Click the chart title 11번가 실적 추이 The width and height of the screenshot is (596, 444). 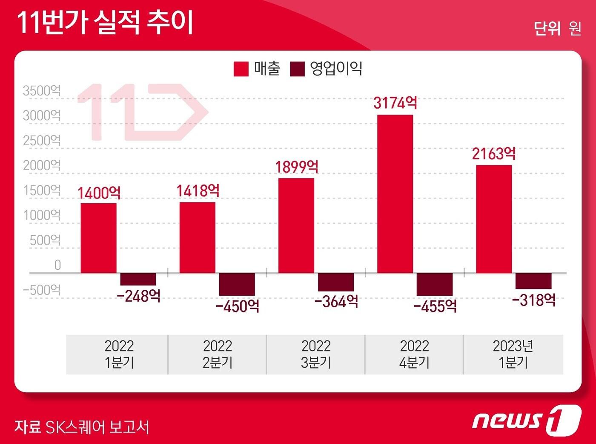105,22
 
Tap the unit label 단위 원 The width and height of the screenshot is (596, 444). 557,29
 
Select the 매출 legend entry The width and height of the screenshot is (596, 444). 257,69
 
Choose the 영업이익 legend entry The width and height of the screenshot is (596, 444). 326,69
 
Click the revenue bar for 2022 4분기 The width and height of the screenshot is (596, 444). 395,194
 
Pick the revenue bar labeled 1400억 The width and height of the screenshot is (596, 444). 98,238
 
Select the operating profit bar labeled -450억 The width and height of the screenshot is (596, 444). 237,284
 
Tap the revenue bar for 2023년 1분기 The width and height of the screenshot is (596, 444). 494,219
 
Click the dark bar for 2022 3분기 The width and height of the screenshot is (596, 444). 336,282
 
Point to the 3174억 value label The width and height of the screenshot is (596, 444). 395,103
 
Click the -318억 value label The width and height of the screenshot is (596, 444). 533,300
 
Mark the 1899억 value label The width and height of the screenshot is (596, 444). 296,167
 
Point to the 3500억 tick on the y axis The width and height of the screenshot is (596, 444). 42,91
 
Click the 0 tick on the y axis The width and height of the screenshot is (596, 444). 57,265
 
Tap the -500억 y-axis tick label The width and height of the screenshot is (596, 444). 42,290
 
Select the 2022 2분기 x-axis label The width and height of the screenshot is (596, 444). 217,354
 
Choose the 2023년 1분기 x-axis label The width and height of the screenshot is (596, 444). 513,354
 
